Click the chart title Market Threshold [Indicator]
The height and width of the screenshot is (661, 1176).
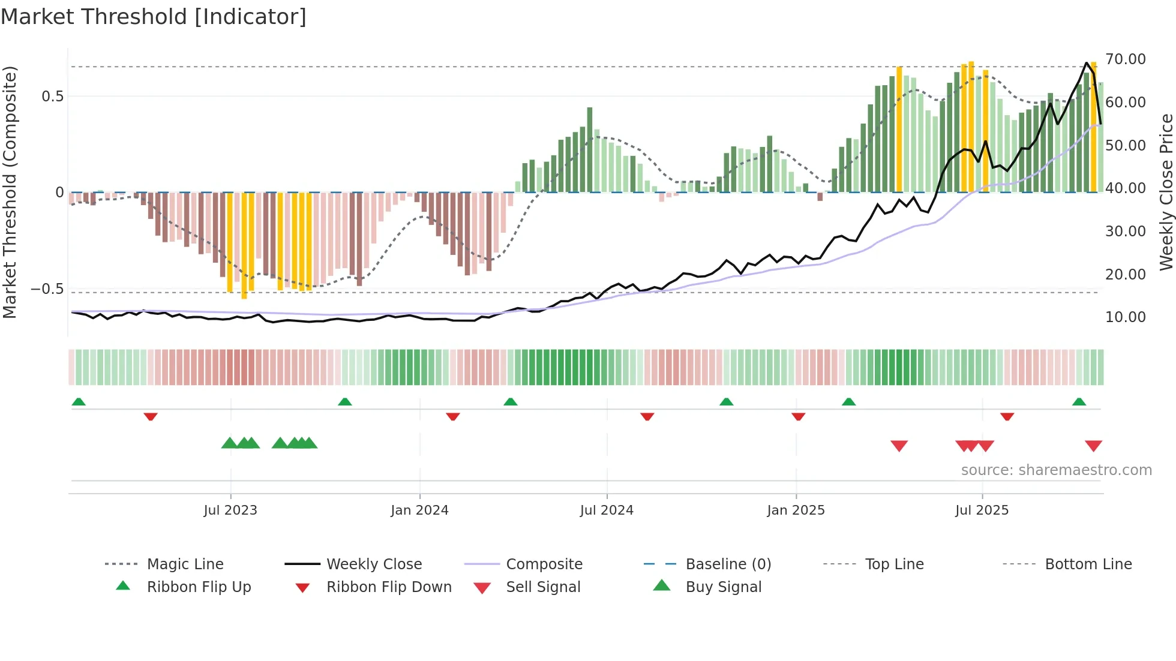coord(154,17)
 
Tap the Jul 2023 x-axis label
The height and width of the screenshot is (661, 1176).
coord(230,510)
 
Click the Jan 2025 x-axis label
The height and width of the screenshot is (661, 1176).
coord(796,510)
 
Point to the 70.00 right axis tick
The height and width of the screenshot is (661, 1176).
coord(1125,59)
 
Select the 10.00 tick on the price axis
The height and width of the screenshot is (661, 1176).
coord(1125,317)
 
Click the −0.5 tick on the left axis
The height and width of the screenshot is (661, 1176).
coord(47,289)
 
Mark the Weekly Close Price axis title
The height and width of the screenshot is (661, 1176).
coord(1166,192)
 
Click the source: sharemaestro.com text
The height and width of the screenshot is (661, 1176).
coord(1056,470)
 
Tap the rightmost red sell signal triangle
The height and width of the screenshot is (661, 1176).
coord(1093,446)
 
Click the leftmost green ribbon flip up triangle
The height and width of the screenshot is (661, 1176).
coord(79,402)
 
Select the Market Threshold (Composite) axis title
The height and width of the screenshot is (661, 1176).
coord(10,192)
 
